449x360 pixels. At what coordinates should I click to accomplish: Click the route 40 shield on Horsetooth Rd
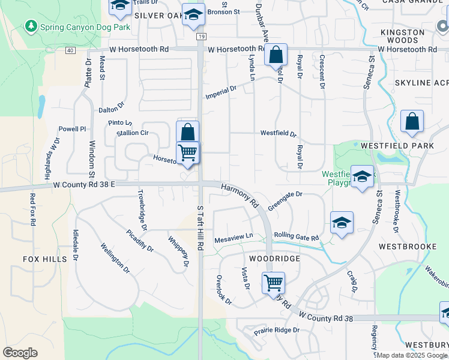(x=71, y=50)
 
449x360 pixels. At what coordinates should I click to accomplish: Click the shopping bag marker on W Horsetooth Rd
(x=276, y=55)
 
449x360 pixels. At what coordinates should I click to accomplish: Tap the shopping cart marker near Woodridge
(x=273, y=282)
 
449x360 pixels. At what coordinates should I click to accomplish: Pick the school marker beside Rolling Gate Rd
(x=342, y=223)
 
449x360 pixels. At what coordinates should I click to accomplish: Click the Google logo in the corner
(x=20, y=353)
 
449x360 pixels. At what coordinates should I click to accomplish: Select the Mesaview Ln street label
(x=234, y=237)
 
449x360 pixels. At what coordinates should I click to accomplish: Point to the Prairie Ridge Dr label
(x=276, y=330)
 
